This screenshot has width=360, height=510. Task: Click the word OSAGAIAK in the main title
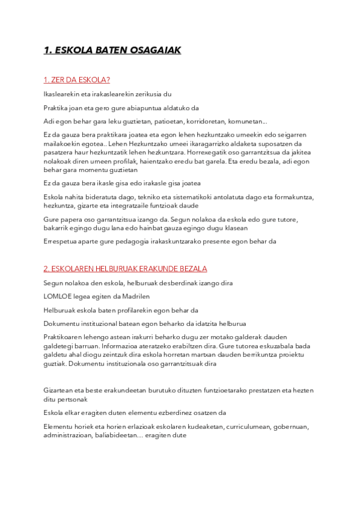pyautogui.click(x=152, y=51)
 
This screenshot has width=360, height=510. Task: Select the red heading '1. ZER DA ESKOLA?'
pyautogui.click(x=77, y=80)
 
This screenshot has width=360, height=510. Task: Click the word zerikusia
pyautogui.click(x=145, y=94)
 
